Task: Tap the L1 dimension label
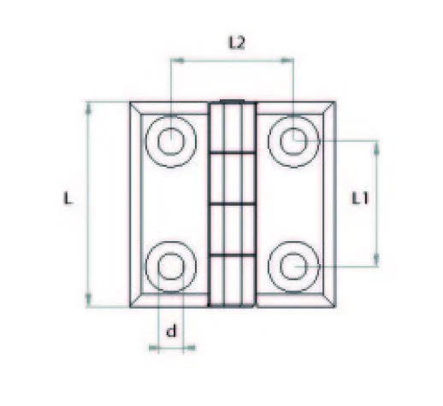360,199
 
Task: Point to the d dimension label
170,331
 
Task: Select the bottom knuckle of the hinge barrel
232,280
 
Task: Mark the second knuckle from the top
232,179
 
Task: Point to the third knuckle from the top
232,229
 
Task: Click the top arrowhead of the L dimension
90,105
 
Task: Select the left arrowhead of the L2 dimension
175,60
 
